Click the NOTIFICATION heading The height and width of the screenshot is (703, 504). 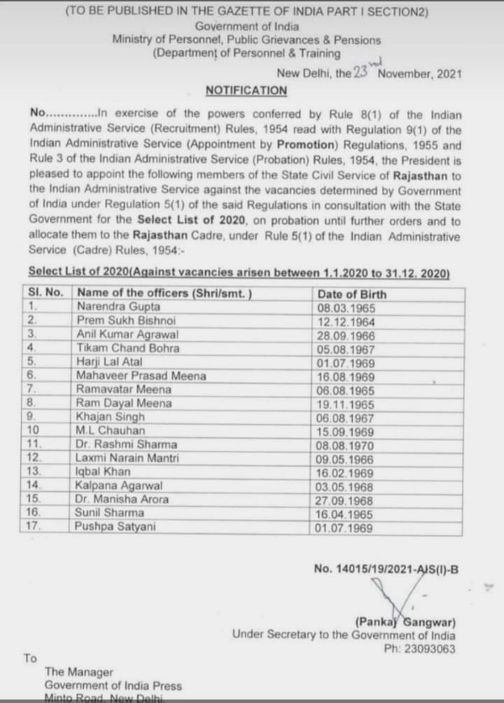[x=246, y=90]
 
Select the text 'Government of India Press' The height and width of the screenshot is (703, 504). [x=113, y=685]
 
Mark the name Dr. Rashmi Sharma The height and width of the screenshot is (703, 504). [x=126, y=443]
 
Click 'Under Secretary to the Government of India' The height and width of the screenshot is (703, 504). [x=344, y=635]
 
